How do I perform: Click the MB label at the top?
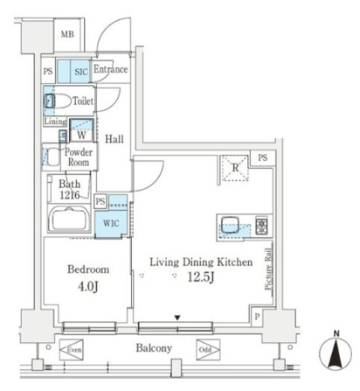point(67,34)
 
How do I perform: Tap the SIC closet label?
point(81,72)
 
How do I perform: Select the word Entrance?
point(110,69)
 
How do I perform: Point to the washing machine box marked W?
point(81,130)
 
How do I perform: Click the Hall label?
point(114,139)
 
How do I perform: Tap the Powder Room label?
point(79,157)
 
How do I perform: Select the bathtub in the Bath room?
point(70,219)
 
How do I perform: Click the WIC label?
point(111,223)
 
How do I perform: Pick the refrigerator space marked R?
point(235,168)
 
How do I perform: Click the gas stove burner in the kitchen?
point(261,227)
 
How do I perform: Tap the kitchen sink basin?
point(230,225)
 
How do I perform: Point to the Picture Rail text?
point(268,269)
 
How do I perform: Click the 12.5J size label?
point(201,277)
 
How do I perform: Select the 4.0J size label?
point(87,287)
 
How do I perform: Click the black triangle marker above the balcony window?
point(177,318)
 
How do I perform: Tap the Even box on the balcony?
point(71,350)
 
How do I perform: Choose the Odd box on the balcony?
point(208,350)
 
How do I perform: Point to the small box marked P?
point(257,317)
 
